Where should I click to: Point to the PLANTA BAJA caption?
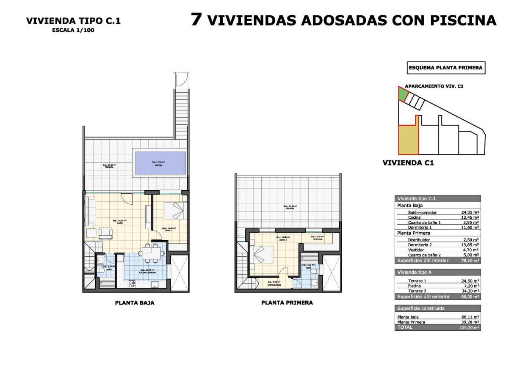tap(135, 303)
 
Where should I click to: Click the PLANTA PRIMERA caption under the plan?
tap(287, 303)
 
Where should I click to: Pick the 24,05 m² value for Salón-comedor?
tap(470, 212)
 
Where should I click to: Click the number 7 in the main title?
tap(196, 19)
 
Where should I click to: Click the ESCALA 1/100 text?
tap(73, 30)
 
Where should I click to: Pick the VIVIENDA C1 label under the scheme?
tap(408, 162)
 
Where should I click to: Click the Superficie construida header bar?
tap(437, 308)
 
